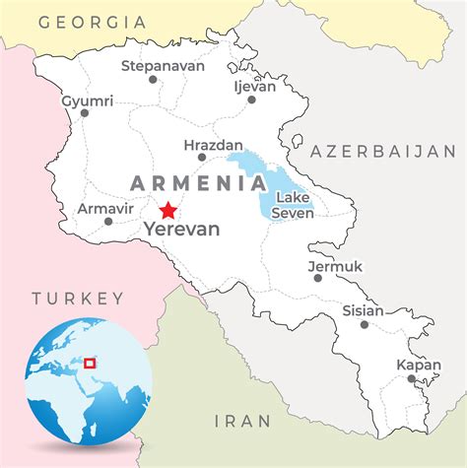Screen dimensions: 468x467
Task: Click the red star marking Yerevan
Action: pos(168,210)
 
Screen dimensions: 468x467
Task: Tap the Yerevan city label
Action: pos(182,229)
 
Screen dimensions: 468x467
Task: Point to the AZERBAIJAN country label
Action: pos(383,152)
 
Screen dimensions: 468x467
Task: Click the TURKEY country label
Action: pos(78,299)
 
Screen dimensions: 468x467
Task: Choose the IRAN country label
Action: pos(241,421)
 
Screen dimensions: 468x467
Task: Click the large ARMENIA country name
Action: pos(198,183)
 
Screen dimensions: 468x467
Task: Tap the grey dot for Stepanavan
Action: pos(153,79)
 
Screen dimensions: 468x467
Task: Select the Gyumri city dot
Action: pos(85,113)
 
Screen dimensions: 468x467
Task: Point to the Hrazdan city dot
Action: pos(202,157)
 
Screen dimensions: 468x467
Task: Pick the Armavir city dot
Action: pos(108,221)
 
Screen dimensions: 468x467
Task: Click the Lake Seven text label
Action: pos(293,206)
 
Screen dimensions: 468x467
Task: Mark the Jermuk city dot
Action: pos(318,278)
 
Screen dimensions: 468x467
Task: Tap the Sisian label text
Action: pos(363,309)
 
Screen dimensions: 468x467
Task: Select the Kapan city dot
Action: pos(412,378)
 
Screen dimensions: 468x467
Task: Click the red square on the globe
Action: pos(90,363)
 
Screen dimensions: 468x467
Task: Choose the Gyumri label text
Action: pos(88,100)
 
